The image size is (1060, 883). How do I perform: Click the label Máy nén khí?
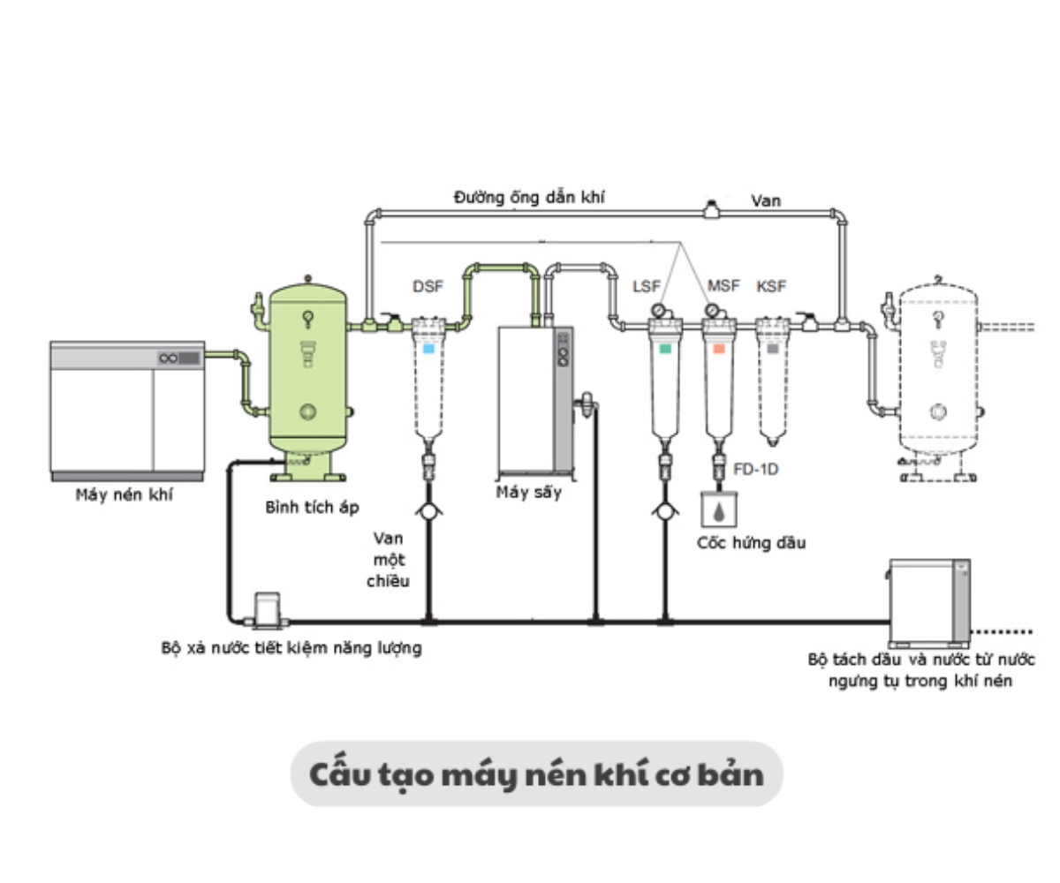tap(124, 495)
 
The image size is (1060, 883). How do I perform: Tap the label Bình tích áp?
tap(312, 508)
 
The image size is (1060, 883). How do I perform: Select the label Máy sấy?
tap(528, 493)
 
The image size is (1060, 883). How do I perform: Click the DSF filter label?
tap(428, 287)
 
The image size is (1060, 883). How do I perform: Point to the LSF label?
tap(647, 287)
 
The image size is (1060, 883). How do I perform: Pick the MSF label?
tap(723, 287)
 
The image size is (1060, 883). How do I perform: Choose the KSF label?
tap(771, 287)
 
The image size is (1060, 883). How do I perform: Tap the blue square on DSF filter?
tap(428, 349)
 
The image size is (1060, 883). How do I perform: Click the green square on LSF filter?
tap(664, 349)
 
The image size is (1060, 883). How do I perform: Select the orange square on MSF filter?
tap(719, 349)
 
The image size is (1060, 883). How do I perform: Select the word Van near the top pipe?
tap(765, 201)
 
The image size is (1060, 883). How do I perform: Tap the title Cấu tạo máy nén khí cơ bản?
tap(536, 774)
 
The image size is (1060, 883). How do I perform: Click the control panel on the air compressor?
tap(179, 358)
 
